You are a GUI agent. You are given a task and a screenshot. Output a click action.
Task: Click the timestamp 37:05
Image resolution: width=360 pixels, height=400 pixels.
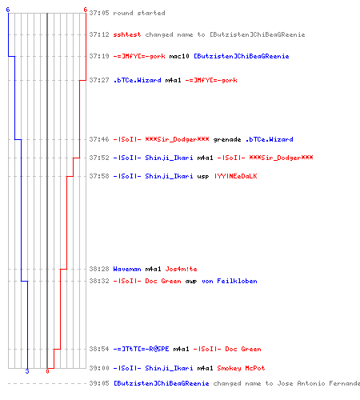pos(99,13)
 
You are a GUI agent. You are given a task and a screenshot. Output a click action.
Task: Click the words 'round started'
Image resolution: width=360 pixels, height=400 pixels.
pos(139,13)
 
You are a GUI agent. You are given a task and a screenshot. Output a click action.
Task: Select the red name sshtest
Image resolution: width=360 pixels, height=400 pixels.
pos(127,34)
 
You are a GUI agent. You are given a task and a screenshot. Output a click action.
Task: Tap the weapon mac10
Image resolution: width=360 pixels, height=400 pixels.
pos(179,56)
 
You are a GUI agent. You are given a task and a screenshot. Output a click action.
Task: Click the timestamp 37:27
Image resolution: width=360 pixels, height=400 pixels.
pos(99,80)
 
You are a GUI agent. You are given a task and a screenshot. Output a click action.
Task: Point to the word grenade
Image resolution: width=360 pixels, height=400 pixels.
pos(227,139)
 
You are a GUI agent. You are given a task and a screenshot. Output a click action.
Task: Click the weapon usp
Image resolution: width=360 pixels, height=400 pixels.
pos(203,176)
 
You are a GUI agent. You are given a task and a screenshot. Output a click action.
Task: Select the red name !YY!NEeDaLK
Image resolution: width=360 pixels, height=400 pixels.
pos(236,176)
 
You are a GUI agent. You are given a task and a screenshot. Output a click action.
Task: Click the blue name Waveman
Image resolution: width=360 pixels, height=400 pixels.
pos(127,269)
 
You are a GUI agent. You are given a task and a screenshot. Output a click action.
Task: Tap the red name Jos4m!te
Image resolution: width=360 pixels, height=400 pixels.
pos(181,269)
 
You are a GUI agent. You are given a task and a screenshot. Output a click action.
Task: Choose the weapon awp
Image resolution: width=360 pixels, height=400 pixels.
pos(191,281)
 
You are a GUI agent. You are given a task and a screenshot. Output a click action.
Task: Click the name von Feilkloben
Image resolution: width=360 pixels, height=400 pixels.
pos(230,281)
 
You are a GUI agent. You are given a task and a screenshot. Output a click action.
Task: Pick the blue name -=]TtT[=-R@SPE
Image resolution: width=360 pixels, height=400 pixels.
pos(141,349)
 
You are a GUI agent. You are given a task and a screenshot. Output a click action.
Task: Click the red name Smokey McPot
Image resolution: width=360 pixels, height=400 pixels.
pos(241,368)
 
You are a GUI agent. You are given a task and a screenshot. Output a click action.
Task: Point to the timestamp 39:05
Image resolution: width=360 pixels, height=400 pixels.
pos(99,383)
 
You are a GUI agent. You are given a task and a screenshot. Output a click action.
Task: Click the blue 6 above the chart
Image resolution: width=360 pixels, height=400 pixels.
pos(8,10)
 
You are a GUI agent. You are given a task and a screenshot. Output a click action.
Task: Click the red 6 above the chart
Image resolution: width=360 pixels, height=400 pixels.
pos(86,10)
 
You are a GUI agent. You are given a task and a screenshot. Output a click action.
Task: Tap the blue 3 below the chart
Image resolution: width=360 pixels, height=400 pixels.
pos(27,371)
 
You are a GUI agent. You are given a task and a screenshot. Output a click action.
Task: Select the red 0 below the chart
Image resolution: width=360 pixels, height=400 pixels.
pos(47,371)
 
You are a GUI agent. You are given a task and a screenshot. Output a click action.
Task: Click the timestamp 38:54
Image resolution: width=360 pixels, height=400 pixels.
pos(99,349)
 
